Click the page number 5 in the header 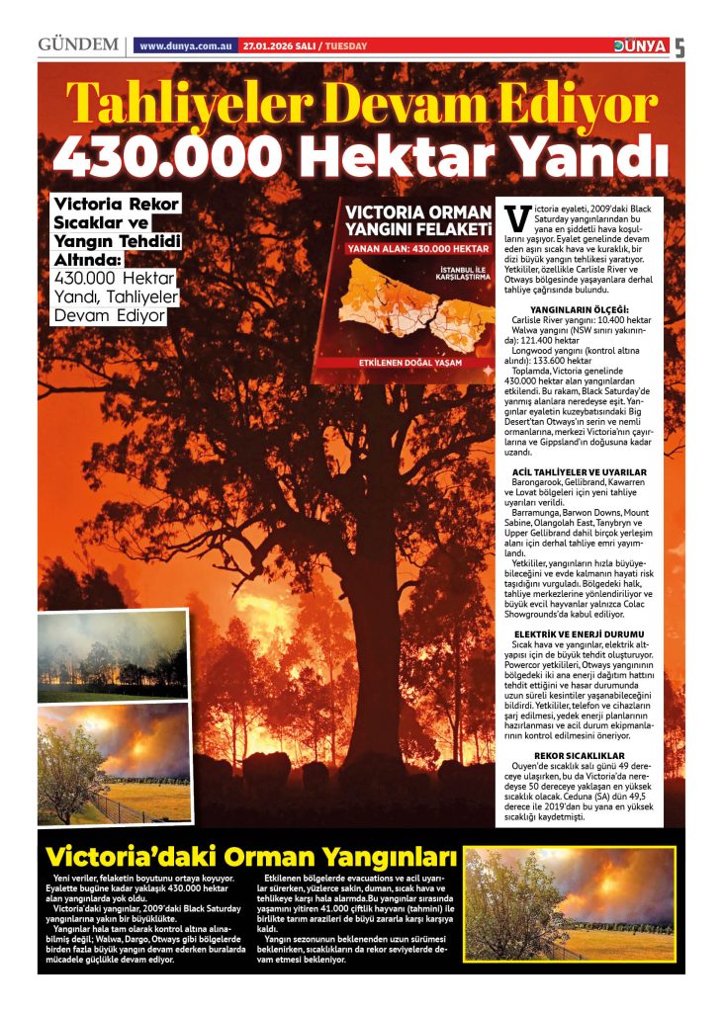(679, 47)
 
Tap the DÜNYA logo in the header (640, 45)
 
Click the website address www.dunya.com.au (186, 46)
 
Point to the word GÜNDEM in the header (78, 45)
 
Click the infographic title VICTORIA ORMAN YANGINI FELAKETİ (417, 220)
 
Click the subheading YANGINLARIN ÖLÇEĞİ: (593, 310)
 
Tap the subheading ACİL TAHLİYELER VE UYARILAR (593, 471)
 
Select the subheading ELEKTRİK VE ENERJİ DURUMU (593, 632)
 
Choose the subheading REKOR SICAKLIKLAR (593, 755)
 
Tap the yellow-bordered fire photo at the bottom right (571, 903)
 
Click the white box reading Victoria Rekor (117, 205)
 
